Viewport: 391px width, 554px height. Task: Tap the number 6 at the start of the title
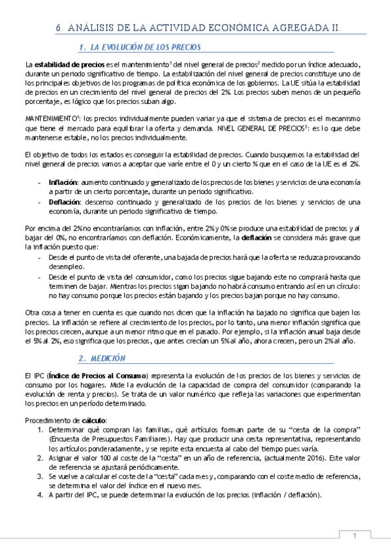(x=58, y=28)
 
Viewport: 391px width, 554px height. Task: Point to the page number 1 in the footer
(x=355, y=536)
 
